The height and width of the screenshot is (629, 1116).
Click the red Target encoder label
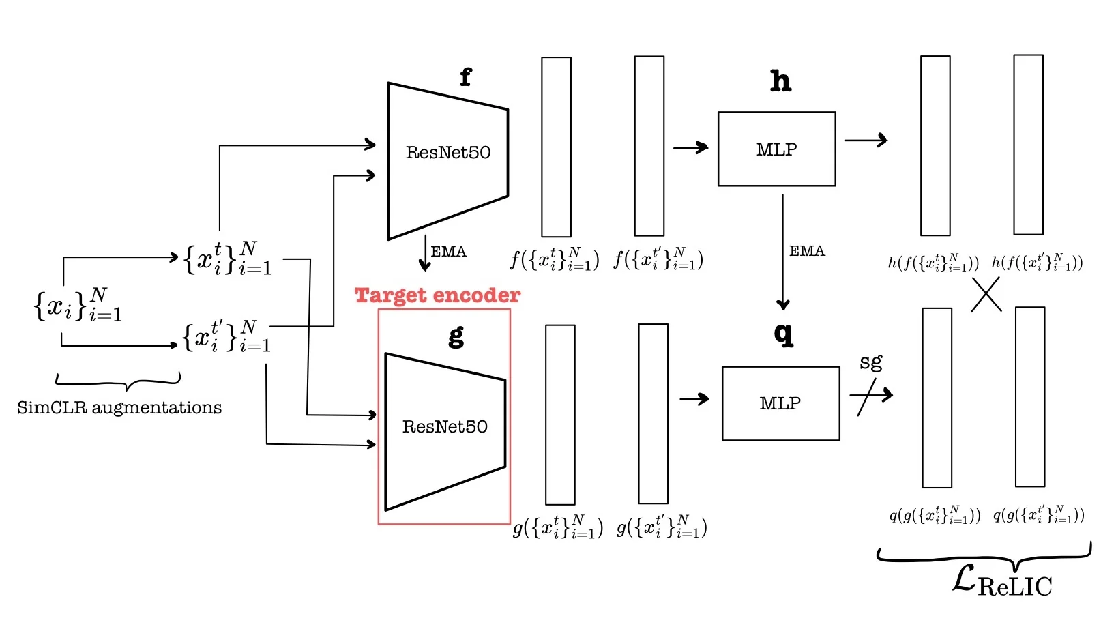pyautogui.click(x=437, y=295)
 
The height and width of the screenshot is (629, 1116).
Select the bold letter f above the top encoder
pyautogui.click(x=465, y=77)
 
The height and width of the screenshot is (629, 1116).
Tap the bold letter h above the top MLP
pyautogui.click(x=780, y=81)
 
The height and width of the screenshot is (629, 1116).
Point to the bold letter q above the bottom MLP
pyautogui.click(x=784, y=334)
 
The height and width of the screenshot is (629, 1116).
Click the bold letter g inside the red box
pyautogui.click(x=456, y=336)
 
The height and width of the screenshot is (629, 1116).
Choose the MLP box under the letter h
pyautogui.click(x=776, y=149)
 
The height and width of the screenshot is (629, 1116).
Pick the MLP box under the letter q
pyautogui.click(x=780, y=403)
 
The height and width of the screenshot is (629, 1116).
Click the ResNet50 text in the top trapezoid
pyautogui.click(x=448, y=152)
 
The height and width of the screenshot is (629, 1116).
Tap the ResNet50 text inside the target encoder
pyautogui.click(x=445, y=427)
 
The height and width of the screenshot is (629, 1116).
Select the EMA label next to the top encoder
pyautogui.click(x=449, y=252)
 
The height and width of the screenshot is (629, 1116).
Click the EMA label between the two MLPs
pyautogui.click(x=807, y=251)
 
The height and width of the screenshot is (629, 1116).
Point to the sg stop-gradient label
pyautogui.click(x=870, y=362)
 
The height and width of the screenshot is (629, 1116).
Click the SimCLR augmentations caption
pyautogui.click(x=119, y=408)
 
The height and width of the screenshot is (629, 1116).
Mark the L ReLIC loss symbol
pyautogui.click(x=1001, y=582)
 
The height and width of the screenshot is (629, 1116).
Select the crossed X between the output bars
pyautogui.click(x=986, y=296)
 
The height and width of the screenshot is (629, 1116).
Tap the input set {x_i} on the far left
pyautogui.click(x=78, y=304)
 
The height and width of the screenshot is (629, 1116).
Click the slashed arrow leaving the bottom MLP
pyautogui.click(x=870, y=395)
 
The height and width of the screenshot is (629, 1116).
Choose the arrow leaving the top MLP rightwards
pyautogui.click(x=866, y=140)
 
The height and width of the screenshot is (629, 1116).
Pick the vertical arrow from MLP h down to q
pyautogui.click(x=782, y=252)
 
